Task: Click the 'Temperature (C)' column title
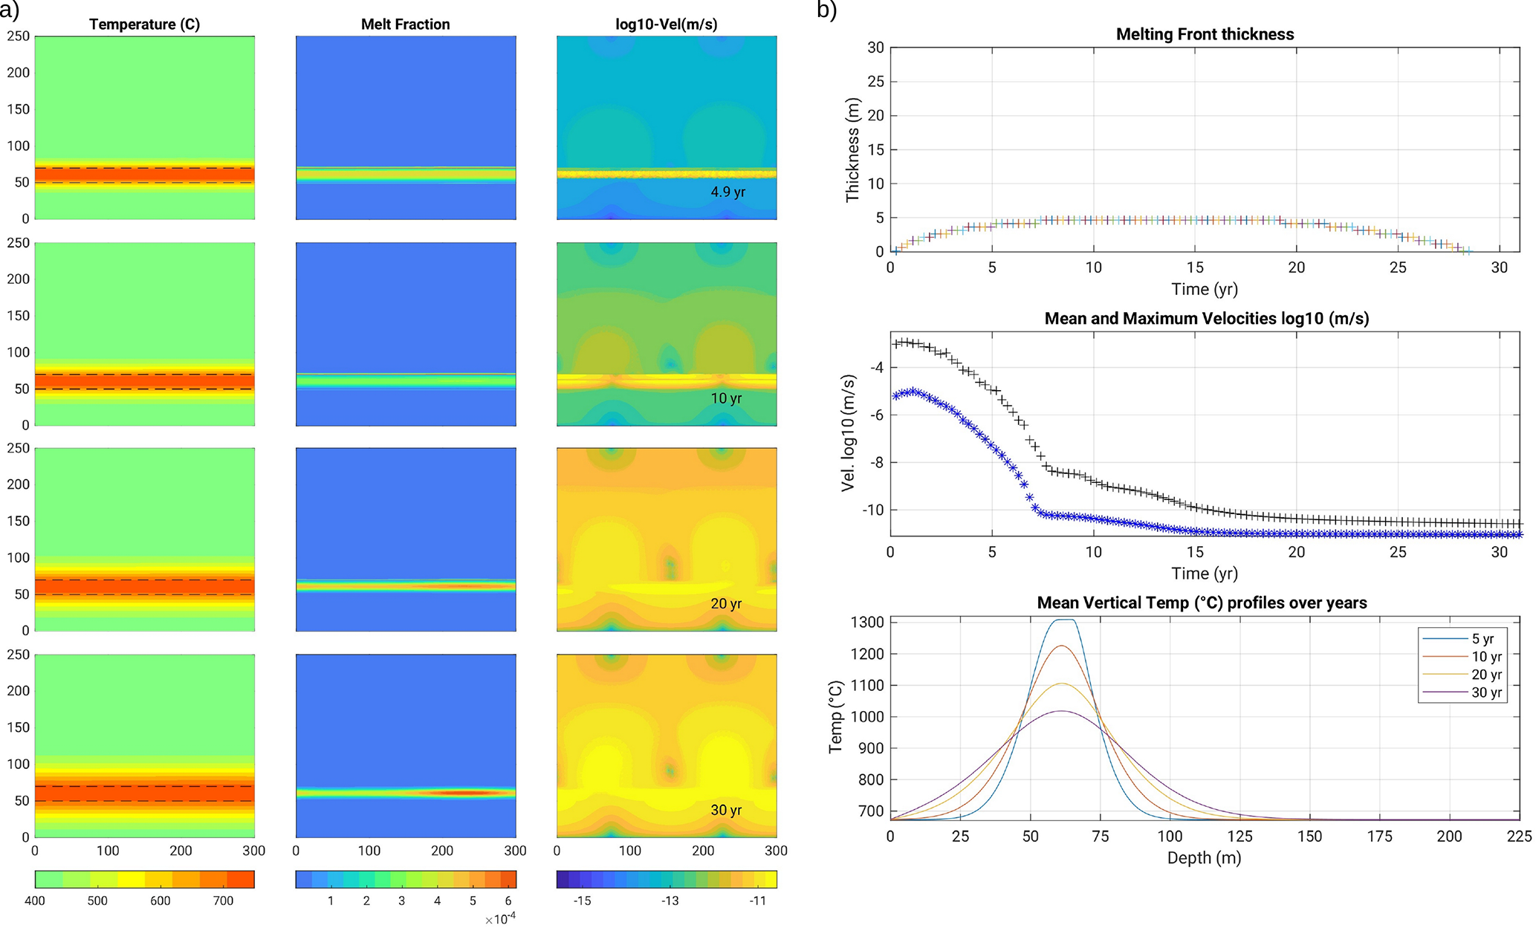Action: [144, 25]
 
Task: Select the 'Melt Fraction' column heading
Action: [405, 25]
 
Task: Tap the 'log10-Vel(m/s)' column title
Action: [667, 25]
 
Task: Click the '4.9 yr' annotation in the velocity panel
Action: [728, 192]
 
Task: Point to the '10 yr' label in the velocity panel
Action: [726, 398]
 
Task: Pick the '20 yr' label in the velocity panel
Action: [726, 604]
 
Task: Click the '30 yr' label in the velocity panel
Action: [726, 810]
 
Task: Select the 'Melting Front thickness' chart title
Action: [1205, 34]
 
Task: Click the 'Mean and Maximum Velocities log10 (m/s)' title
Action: [1206, 319]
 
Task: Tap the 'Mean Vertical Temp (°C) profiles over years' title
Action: [1202, 603]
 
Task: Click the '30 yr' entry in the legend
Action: [1486, 692]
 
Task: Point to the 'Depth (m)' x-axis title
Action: [1204, 858]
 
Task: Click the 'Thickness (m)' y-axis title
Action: [852, 149]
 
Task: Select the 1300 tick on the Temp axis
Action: [869, 623]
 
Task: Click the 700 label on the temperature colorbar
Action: [223, 901]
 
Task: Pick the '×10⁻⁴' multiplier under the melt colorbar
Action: [500, 919]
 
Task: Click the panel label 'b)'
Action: [826, 10]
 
